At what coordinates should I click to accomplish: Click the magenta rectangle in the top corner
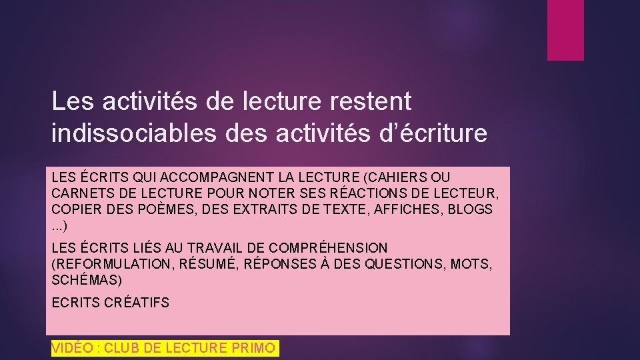565,30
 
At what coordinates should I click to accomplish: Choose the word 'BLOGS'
470,209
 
